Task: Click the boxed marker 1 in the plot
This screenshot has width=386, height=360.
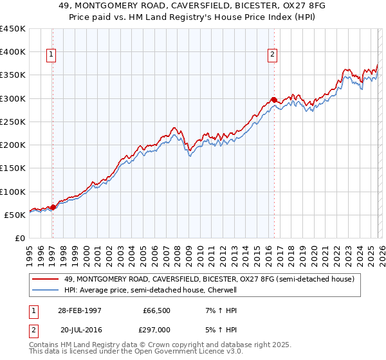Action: [x=51, y=55]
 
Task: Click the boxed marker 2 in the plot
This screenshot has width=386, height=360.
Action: [x=273, y=55]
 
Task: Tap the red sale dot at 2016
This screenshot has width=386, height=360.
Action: [x=273, y=100]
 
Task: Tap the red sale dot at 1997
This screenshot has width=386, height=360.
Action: [x=53, y=207]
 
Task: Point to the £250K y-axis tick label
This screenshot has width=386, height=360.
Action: [x=13, y=122]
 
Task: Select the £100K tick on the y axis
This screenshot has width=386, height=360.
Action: [x=13, y=192]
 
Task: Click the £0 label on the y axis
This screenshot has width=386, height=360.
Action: [x=20, y=239]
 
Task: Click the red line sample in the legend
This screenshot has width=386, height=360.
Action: [x=46, y=279]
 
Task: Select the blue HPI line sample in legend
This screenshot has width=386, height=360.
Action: [x=46, y=289]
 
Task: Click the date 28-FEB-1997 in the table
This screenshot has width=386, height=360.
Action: [x=79, y=310]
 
